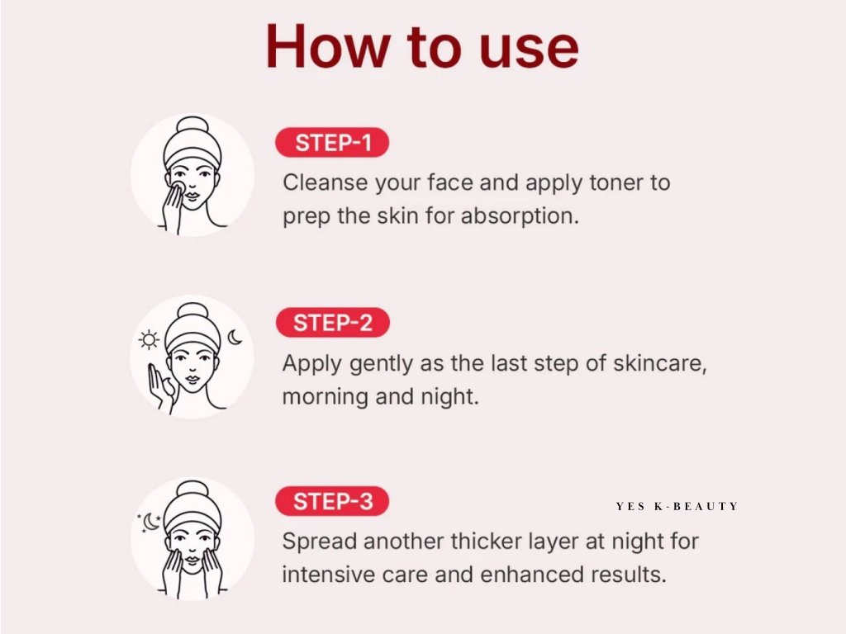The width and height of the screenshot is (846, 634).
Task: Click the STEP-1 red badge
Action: pyautogui.click(x=332, y=143)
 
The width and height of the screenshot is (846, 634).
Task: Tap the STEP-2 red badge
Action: pyautogui.click(x=332, y=323)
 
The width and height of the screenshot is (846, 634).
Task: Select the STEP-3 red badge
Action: pyautogui.click(x=332, y=501)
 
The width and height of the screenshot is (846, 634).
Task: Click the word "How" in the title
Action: pyautogui.click(x=328, y=46)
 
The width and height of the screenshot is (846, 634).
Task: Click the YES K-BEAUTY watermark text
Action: pyautogui.click(x=677, y=506)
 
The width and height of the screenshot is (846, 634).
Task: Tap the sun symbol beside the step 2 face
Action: pyautogui.click(x=149, y=339)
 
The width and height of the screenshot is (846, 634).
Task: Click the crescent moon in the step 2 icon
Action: pyautogui.click(x=235, y=337)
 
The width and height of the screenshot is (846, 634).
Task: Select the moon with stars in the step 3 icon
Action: pyautogui.click(x=150, y=523)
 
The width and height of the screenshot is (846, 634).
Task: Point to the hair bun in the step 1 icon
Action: pyautogui.click(x=192, y=125)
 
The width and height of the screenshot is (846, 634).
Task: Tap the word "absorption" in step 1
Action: pyautogui.click(x=519, y=217)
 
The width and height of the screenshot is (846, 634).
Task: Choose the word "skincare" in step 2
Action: pyautogui.click(x=659, y=363)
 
